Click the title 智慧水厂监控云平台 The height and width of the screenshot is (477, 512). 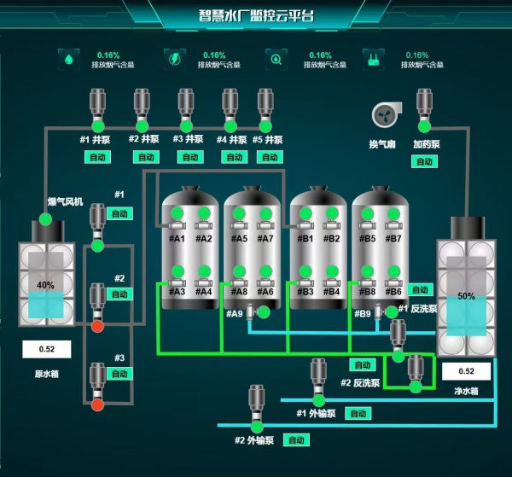[x=256, y=15]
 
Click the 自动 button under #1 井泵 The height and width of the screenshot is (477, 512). [x=96, y=157]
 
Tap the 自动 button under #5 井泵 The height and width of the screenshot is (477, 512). [x=270, y=157]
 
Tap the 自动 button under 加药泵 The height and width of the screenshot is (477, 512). [x=424, y=161]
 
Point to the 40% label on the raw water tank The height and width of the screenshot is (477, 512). [x=45, y=285]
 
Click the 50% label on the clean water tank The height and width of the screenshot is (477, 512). [x=466, y=296]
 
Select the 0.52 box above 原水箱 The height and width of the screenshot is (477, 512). [x=46, y=349]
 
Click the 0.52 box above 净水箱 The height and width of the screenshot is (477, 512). [x=466, y=371]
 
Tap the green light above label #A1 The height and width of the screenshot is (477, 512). [x=177, y=213]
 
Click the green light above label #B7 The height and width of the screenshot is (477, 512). [x=394, y=213]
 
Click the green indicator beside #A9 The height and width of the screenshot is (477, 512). [x=264, y=312]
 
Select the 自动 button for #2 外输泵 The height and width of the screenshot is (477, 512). [x=295, y=440]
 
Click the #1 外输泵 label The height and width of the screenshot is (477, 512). [x=316, y=413]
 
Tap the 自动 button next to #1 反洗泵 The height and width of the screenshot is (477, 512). [x=419, y=290]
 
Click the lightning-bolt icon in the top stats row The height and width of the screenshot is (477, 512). [x=173, y=59]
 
